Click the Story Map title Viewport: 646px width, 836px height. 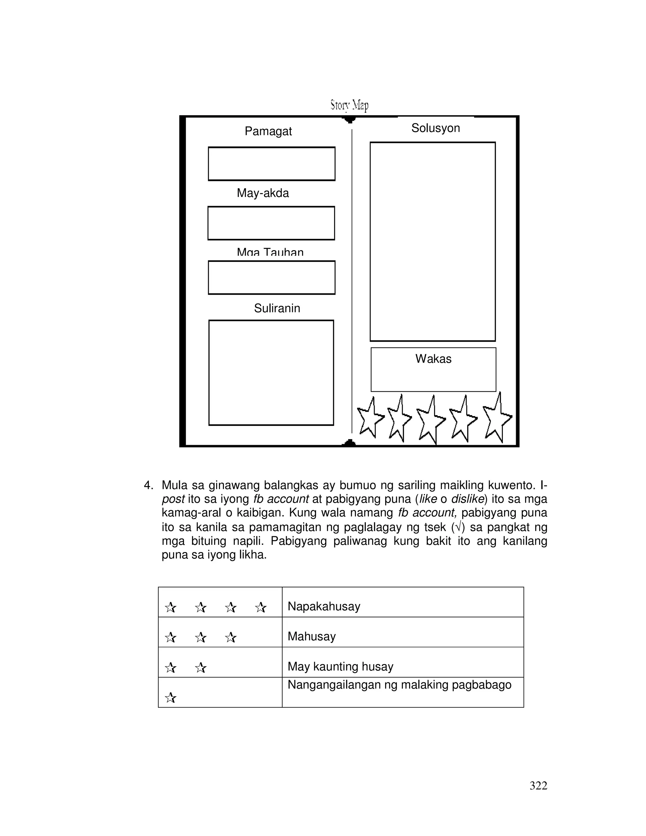point(349,104)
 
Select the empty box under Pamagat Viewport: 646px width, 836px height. point(271,164)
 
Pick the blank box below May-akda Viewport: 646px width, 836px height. point(271,223)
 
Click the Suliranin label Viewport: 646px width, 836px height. point(277,308)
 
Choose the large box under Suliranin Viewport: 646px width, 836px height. point(271,373)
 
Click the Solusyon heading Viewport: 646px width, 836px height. point(436,128)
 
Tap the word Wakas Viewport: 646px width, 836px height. point(433,359)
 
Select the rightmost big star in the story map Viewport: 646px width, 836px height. point(496,418)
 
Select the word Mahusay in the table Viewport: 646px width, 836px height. point(312,636)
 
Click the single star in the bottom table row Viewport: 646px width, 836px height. point(170,698)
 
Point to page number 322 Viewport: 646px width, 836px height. point(538,786)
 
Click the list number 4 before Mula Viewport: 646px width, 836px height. point(148,486)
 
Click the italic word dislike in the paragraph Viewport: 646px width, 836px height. point(468,499)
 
